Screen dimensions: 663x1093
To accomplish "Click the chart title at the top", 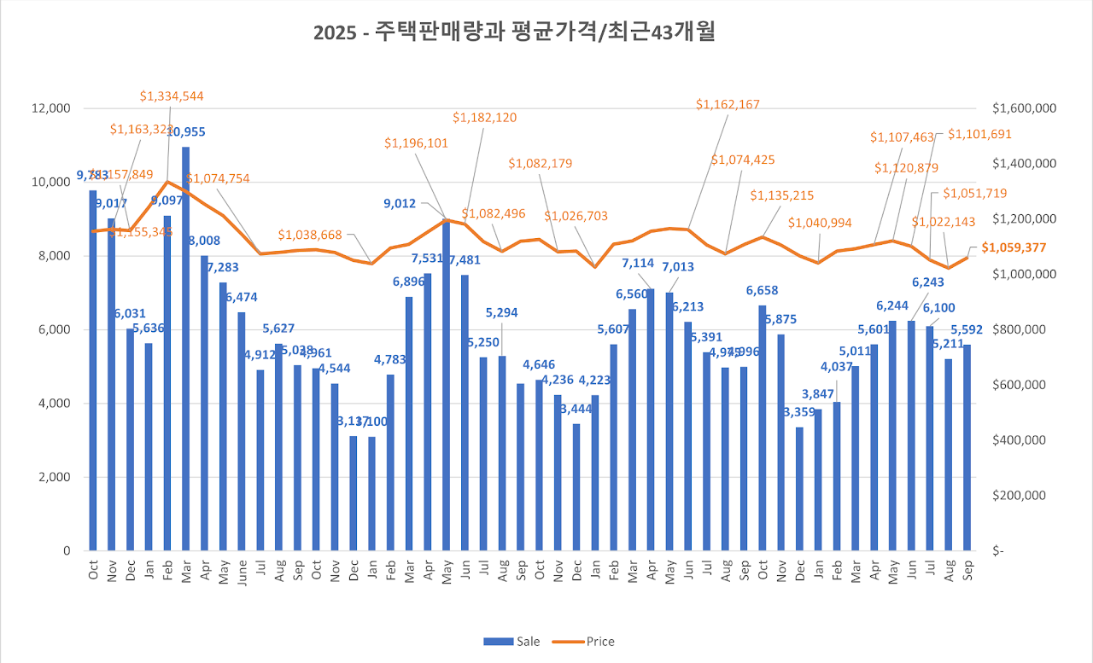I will point(514,32).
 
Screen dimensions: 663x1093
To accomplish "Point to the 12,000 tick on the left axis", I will point(52,108).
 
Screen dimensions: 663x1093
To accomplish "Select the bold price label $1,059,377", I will point(1015,247).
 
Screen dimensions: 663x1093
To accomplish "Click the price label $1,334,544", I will point(172,96).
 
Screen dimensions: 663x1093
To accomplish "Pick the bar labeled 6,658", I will point(762,427).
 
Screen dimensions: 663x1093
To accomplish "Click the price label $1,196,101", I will point(416,143).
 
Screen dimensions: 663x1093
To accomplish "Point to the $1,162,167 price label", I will point(727,104).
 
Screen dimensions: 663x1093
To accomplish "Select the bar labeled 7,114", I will point(650,418).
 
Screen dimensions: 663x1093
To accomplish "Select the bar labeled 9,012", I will point(446,384).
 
